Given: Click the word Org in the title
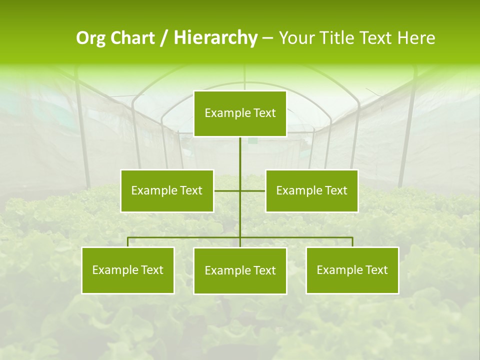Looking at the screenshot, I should coord(90,38).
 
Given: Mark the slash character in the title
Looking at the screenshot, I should coord(163,38).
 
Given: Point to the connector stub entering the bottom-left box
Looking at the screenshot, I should coord(127,242).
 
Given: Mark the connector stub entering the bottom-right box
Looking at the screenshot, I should coord(352,242).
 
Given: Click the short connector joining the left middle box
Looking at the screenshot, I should coord(227,190).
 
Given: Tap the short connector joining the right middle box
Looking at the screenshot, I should coord(253,190).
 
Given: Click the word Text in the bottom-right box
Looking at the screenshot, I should coord(376,270).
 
